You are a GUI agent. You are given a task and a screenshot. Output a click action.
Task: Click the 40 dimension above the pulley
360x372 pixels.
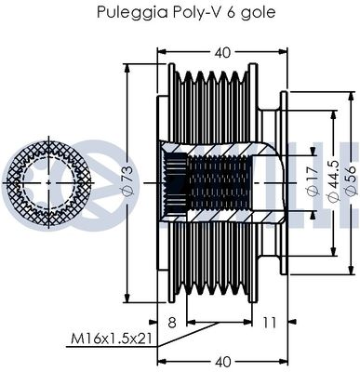click(x=222, y=53)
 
